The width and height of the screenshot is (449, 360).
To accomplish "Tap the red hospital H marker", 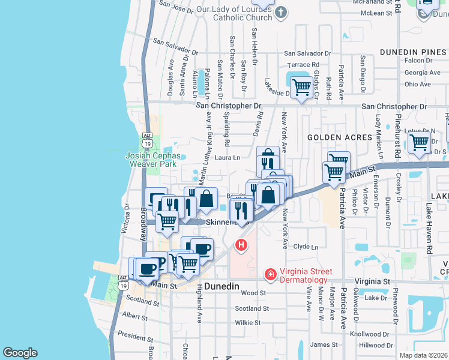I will (241, 245).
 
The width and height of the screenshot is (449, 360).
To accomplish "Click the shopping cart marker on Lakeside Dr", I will (301, 88).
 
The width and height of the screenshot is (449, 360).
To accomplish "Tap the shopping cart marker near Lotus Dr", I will (418, 143).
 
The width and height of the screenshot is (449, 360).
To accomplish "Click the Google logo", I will (20, 353).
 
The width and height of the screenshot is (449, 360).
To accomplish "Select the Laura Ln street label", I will (228, 158).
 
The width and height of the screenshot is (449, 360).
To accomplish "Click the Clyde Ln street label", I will (306, 247).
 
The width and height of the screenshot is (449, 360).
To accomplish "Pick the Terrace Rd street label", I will (303, 65).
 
